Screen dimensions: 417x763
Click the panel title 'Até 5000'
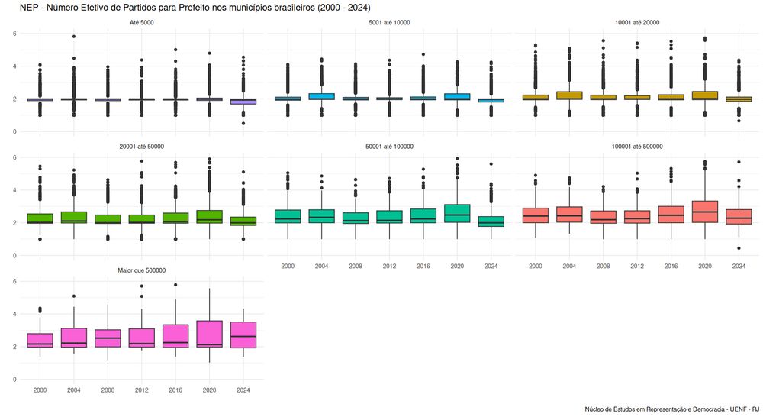point(142,22)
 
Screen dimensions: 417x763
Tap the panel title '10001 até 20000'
point(636,22)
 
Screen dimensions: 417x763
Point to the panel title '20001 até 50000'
point(142,147)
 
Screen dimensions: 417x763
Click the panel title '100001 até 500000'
point(636,147)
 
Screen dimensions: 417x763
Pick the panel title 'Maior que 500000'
point(142,270)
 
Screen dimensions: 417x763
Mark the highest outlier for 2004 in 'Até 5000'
point(74,36)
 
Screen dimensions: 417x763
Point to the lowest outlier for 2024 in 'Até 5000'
point(243,123)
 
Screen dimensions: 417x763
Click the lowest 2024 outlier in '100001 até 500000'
point(739,248)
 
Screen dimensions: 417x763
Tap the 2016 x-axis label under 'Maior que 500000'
point(175,390)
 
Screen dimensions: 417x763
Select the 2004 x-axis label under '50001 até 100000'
point(322,266)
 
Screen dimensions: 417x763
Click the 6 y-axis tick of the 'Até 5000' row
point(15,34)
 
